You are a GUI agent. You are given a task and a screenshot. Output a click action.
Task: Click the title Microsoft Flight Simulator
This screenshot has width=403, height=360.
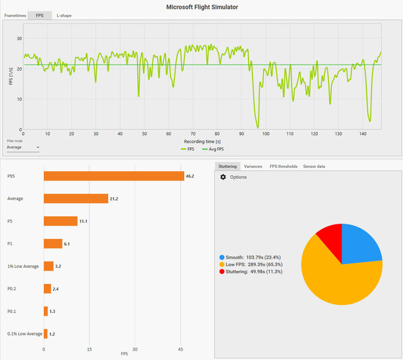(x=201, y=6)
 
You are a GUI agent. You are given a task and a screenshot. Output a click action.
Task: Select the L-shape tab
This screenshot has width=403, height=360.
(x=64, y=15)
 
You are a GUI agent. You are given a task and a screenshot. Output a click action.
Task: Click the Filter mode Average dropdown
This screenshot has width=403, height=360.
(x=24, y=146)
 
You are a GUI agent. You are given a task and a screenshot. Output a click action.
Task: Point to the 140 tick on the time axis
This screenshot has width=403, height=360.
(x=362, y=134)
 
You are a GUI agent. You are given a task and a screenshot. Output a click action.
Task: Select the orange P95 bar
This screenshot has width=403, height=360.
(x=114, y=176)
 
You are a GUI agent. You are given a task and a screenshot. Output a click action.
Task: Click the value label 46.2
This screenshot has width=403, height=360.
(x=189, y=176)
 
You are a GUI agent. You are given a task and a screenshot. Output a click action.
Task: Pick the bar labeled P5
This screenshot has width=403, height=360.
(x=60, y=221)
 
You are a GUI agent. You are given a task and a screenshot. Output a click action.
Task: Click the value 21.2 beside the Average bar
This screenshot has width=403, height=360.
(x=114, y=199)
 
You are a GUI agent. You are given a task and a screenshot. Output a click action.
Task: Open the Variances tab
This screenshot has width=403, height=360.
(x=253, y=166)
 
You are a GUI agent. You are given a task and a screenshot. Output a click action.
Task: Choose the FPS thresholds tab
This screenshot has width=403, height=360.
(x=283, y=166)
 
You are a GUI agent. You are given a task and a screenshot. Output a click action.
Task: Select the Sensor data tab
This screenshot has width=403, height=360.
(x=314, y=166)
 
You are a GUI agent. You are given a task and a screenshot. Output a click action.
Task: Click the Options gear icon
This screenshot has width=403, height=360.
(x=223, y=177)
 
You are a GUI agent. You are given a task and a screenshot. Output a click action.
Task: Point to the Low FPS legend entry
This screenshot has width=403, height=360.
(x=249, y=265)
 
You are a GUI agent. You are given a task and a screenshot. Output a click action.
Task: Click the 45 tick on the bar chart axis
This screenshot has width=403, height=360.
(x=181, y=349)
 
